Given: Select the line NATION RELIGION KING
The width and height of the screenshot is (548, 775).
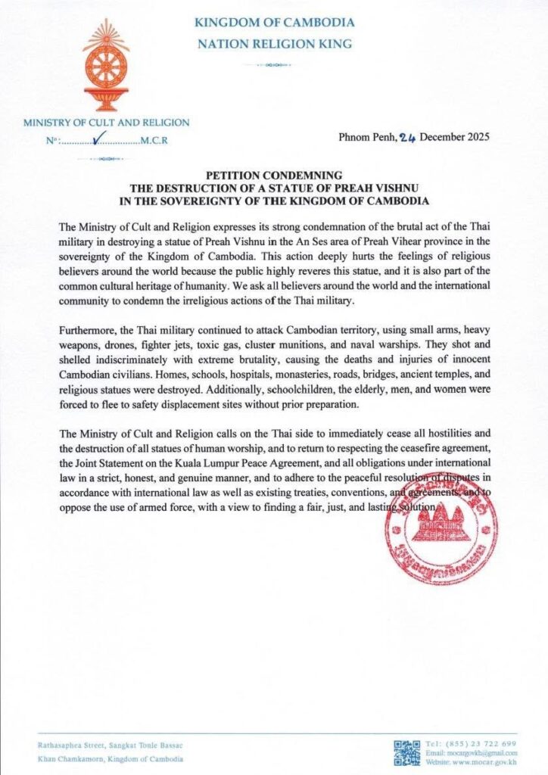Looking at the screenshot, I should pyautogui.click(x=273, y=44).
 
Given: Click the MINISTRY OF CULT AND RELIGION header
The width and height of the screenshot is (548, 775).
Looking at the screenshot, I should pyautogui.click(x=106, y=123).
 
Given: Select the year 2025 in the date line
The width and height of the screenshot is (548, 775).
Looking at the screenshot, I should pyautogui.click(x=475, y=138).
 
